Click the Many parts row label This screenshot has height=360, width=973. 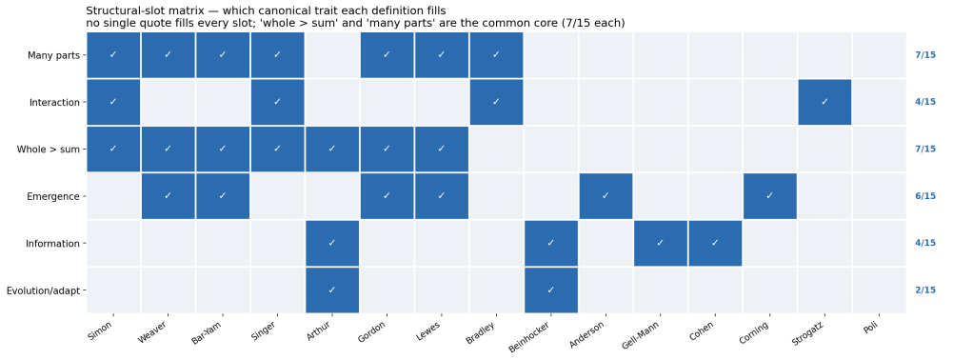coord(53,55)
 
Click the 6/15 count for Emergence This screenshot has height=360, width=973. coord(924,196)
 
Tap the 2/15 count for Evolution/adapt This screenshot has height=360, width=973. coord(924,290)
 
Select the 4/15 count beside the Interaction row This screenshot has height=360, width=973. coord(924,102)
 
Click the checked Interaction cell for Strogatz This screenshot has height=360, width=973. coord(824,102)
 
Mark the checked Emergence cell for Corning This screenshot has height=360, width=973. coord(769,196)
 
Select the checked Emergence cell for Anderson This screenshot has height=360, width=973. coord(606,196)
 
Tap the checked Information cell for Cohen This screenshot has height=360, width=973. coord(715,243)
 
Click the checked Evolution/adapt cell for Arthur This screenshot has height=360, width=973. coord(332,290)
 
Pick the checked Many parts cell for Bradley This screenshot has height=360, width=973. coord(496,55)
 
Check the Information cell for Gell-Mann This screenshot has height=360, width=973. coord(661,243)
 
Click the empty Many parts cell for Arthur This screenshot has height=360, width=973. coord(332,55)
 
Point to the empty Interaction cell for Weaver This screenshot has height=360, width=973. coord(169,102)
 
